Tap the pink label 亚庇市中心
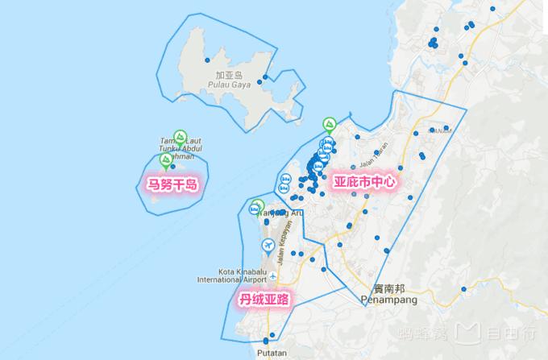(366, 182)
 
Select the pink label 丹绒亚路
(264, 300)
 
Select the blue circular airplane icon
(268, 245)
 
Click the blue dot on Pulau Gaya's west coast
(207, 60)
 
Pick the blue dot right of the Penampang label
(463, 288)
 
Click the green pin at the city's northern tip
(329, 124)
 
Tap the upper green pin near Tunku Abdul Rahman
(181, 136)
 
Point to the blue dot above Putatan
(272, 336)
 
